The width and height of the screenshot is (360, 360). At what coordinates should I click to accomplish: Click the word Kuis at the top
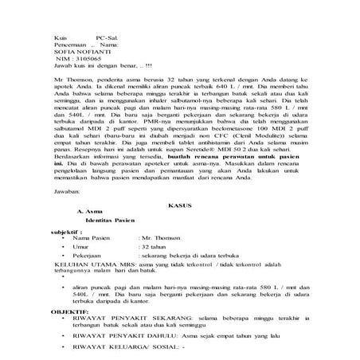(x=61, y=37)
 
